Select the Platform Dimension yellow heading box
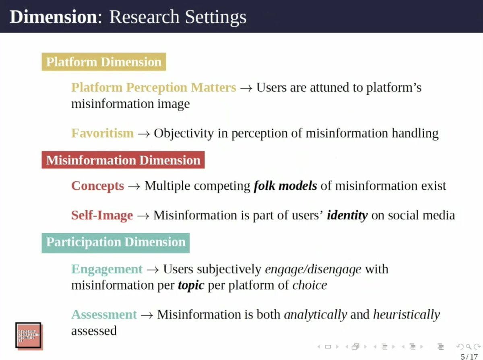[x=103, y=62]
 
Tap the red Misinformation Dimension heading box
[x=123, y=160]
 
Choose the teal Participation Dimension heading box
[x=116, y=242]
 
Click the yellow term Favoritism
[x=102, y=133]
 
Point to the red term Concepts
[x=97, y=186]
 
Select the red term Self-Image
[x=102, y=215]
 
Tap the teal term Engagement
[x=107, y=269]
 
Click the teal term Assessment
[x=104, y=314]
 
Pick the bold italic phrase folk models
[x=285, y=186]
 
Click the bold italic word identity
[x=347, y=215]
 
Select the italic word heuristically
[x=407, y=314]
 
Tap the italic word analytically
[x=315, y=314]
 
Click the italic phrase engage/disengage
[x=313, y=269]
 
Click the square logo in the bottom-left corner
[x=29, y=335]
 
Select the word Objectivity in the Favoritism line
[x=184, y=134]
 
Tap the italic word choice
[x=310, y=286]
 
